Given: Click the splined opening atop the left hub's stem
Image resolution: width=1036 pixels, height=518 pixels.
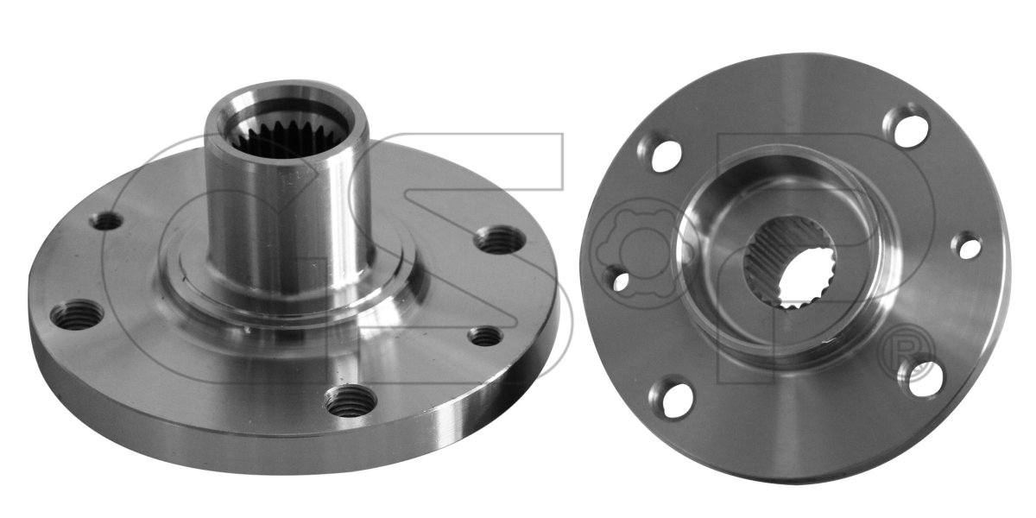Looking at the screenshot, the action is pos(287,133).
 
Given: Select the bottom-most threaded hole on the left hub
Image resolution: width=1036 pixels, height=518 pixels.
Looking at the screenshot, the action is pos(349,402).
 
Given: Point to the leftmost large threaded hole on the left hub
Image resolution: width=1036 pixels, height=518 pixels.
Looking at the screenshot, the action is pos(76,315).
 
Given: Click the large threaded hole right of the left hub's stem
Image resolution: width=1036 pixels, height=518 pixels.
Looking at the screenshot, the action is pos(501,240).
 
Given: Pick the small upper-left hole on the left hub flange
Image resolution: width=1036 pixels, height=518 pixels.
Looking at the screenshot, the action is pos(107,222).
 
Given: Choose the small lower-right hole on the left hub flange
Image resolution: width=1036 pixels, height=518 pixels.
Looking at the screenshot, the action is pos(485,337).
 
